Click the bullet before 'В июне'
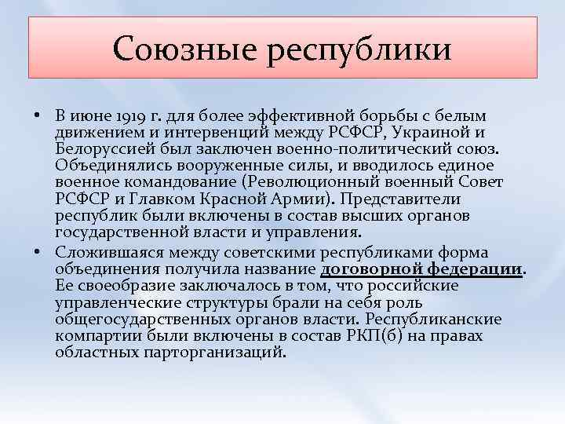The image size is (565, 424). click(37, 115)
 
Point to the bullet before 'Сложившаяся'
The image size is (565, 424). click(37, 251)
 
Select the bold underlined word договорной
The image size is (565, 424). click(364, 268)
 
